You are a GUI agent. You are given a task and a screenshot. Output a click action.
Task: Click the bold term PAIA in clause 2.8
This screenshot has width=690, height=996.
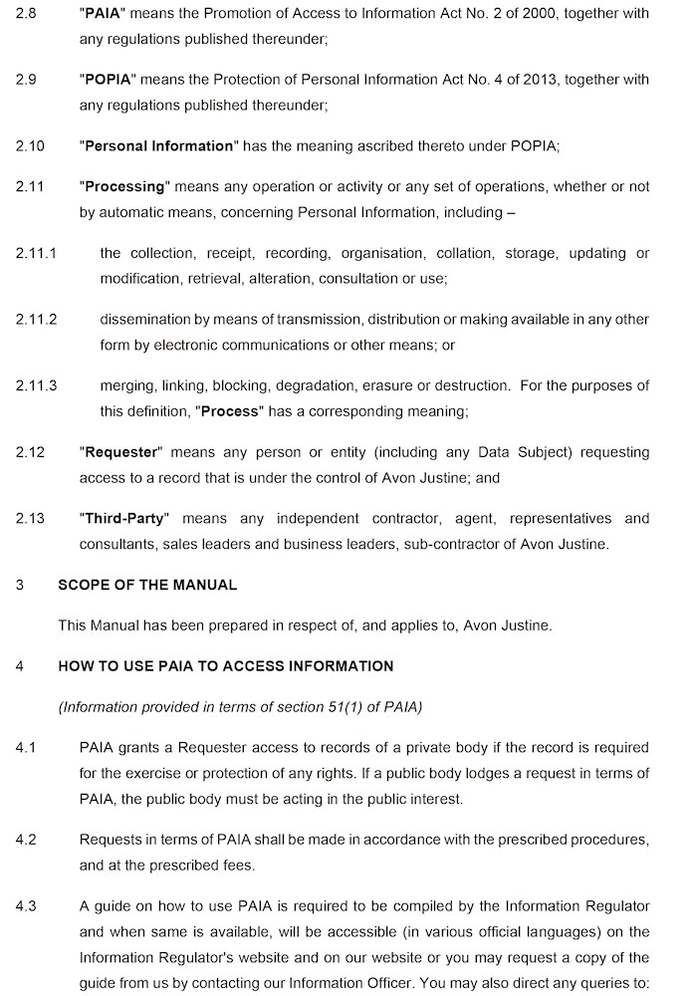(x=104, y=14)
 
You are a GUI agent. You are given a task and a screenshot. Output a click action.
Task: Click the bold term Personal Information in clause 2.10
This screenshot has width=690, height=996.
(x=158, y=146)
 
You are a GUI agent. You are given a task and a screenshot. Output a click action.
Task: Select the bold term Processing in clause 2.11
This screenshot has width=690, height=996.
(x=124, y=186)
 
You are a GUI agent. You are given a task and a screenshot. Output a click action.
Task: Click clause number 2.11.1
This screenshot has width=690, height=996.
(x=36, y=253)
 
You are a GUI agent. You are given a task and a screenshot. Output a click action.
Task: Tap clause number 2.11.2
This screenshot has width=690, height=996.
(x=36, y=320)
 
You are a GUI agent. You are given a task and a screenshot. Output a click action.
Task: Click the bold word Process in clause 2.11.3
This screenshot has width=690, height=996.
(x=230, y=411)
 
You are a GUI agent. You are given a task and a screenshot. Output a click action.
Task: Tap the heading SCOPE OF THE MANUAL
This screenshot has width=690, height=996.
(x=147, y=585)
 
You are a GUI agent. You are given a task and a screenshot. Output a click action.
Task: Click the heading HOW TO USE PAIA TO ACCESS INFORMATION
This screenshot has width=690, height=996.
(x=225, y=665)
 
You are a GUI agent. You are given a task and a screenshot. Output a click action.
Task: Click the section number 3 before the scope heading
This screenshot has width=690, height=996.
(x=19, y=585)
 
